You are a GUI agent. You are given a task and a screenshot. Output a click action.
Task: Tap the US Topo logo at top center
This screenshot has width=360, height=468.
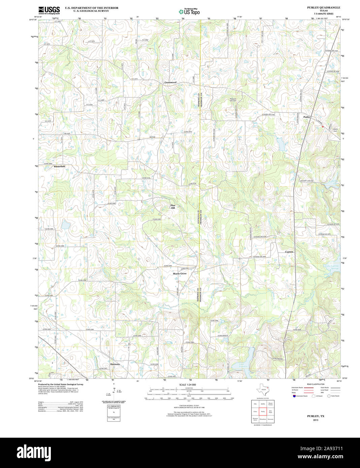(189, 11)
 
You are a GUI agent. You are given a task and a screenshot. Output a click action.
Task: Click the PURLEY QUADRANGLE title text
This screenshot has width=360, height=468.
(323, 7)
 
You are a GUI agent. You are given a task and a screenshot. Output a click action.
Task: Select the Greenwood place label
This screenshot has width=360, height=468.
(170, 82)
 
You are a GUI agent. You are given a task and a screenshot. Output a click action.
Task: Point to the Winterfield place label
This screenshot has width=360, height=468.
(59, 166)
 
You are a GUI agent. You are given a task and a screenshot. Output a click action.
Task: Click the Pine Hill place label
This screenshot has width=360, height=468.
(173, 207)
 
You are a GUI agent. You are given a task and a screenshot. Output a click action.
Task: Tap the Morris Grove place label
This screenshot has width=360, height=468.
(179, 273)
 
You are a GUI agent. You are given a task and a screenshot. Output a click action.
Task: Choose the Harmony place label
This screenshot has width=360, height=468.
(115, 364)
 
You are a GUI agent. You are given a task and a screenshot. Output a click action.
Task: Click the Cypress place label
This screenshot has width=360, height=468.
(289, 252)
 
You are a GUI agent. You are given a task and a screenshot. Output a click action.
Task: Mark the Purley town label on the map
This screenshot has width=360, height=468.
(306, 117)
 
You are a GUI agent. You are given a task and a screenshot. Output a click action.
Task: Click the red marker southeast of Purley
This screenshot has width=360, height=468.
(323, 126)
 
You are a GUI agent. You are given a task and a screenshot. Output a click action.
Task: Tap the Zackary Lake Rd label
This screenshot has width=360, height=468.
(306, 181)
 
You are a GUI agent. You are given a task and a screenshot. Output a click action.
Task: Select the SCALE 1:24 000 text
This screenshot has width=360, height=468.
(188, 385)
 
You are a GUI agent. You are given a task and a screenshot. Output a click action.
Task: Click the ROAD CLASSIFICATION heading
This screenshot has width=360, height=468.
(316, 384)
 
